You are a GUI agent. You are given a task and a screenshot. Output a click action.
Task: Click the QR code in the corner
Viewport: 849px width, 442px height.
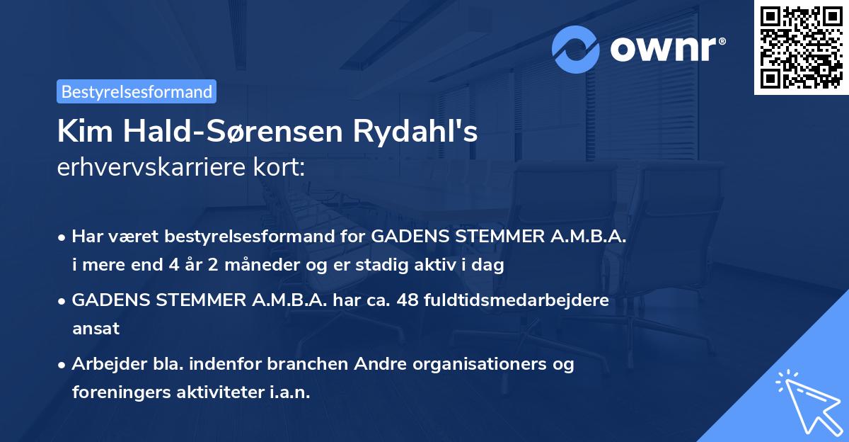[802, 47]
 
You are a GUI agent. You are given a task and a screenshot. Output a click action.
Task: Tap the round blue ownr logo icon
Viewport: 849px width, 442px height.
[577, 49]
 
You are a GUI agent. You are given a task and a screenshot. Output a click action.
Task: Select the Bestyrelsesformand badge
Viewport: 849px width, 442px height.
[137, 91]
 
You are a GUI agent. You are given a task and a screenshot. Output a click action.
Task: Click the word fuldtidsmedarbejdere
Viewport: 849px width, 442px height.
[517, 300]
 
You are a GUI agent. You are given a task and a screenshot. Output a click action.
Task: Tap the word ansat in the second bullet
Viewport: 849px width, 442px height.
[96, 329]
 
